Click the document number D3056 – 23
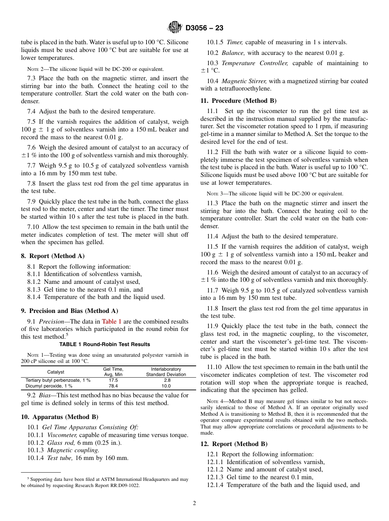204,28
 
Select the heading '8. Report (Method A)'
52,256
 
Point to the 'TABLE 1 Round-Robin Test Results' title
104,344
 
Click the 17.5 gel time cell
113,381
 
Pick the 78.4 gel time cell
113,386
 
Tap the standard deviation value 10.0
166,386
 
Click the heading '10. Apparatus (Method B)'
59,417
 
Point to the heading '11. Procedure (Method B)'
238,101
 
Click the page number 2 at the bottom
194,503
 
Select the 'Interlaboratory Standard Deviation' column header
166,372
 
